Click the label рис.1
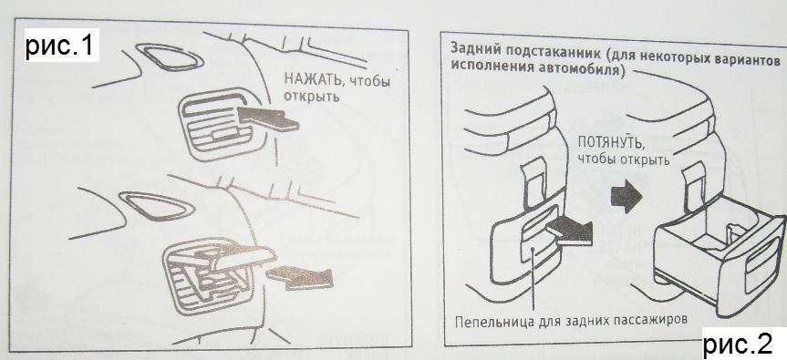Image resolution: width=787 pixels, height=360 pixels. pos(60,46)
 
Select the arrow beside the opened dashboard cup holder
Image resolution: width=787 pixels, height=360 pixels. pos(300,277)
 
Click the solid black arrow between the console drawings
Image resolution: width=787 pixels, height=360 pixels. pos(626,196)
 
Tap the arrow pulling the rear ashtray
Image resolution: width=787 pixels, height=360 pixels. pos(569,231)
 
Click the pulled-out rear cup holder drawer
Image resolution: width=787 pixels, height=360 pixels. pos(719,261)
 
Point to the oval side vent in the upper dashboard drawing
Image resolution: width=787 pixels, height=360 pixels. pos(169,57)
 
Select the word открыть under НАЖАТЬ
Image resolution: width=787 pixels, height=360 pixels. pos(312,97)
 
